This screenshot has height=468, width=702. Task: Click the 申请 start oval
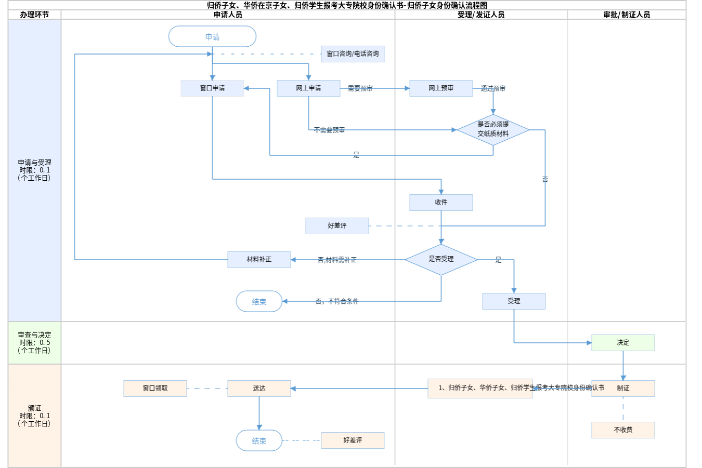click(x=212, y=37)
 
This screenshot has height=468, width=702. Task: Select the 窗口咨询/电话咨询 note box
click(x=353, y=54)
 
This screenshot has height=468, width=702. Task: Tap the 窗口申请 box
click(x=212, y=88)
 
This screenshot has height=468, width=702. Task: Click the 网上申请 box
click(x=308, y=88)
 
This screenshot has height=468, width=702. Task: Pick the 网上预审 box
click(x=441, y=88)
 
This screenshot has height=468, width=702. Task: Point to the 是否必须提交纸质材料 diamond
click(x=493, y=129)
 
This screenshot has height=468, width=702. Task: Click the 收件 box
click(x=441, y=203)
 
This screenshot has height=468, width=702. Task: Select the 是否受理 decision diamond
click(x=441, y=259)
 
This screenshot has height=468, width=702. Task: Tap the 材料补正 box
click(x=259, y=259)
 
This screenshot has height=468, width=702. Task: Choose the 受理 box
click(x=514, y=301)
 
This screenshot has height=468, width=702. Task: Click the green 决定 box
click(x=623, y=343)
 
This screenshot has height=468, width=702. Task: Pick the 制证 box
click(x=623, y=389)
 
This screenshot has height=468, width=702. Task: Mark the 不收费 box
click(x=623, y=430)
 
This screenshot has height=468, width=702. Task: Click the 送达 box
click(x=259, y=389)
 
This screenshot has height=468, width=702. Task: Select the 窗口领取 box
click(x=155, y=389)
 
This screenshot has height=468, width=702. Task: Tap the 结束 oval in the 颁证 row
click(x=259, y=440)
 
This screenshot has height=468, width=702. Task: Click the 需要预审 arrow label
click(x=360, y=89)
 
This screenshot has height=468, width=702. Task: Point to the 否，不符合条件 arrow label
click(x=337, y=301)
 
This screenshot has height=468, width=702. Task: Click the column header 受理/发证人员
click(x=481, y=15)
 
